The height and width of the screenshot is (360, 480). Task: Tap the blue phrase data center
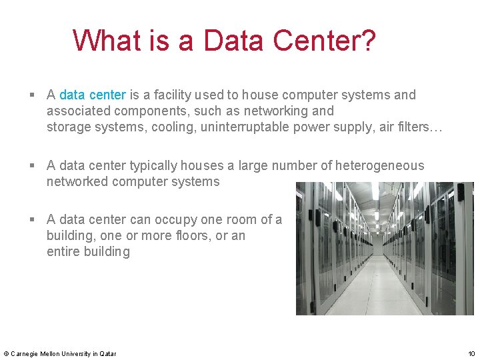click(x=93, y=95)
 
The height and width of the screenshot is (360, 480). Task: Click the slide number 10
click(x=471, y=353)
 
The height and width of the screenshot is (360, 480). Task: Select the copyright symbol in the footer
click(x=6, y=353)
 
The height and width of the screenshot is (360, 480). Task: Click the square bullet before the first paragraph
click(x=33, y=95)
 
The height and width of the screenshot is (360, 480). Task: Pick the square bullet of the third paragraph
click(x=33, y=220)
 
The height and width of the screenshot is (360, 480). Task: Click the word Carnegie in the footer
click(x=24, y=353)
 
